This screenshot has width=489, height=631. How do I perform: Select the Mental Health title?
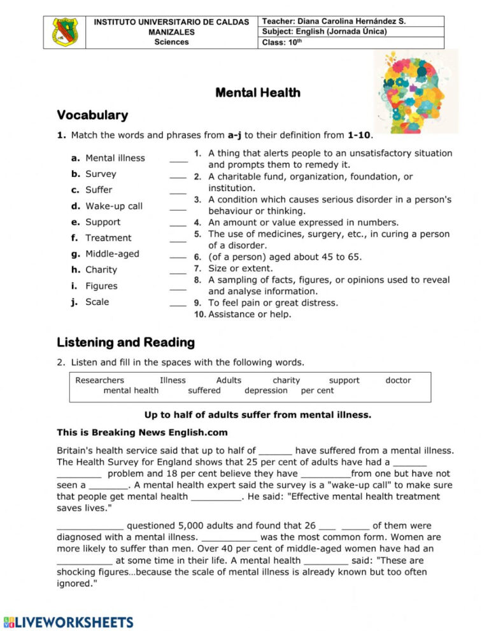(258, 93)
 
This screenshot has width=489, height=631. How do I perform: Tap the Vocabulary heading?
(92, 115)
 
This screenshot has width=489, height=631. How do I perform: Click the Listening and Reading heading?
(125, 343)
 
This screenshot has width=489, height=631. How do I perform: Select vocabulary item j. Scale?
(90, 302)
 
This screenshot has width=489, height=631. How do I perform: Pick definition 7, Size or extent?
(241, 269)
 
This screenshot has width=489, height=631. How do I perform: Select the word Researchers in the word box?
(99, 381)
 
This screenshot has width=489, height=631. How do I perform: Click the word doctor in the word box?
(398, 381)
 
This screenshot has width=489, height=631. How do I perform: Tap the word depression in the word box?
(266, 391)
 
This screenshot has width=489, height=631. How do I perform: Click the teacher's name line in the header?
(334, 21)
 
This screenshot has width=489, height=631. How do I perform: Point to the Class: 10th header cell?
(281, 43)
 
